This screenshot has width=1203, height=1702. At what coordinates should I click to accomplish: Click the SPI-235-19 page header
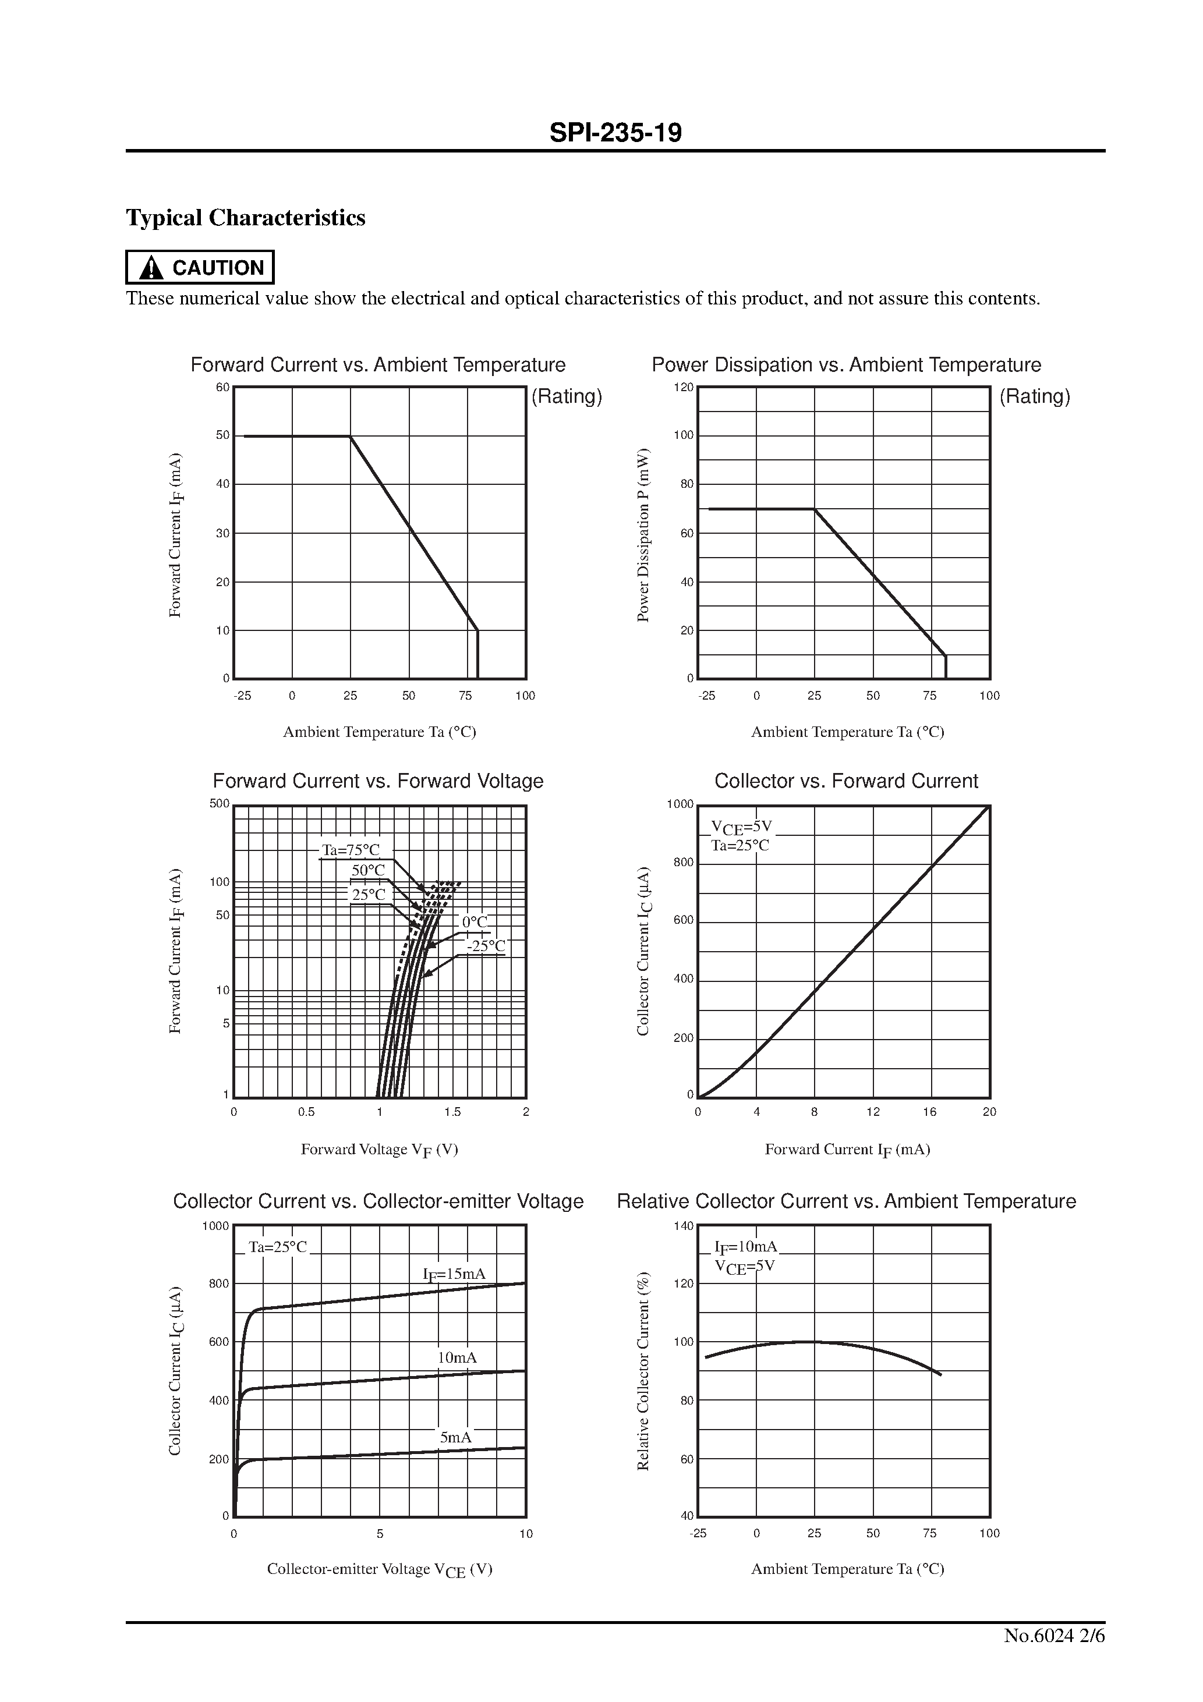[x=615, y=133]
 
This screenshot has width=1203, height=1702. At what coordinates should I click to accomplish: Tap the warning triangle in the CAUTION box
[x=151, y=268]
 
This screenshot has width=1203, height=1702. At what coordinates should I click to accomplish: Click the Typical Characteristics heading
[x=246, y=218]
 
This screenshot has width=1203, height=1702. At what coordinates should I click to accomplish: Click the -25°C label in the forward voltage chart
[x=486, y=946]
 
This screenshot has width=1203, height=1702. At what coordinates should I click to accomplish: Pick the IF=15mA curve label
[x=454, y=1274]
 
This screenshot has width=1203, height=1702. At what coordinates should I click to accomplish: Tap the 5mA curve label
[x=455, y=1437]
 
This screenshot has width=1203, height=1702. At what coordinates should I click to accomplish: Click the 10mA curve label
[x=457, y=1357]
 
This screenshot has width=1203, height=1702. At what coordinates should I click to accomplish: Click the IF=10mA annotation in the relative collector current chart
[x=745, y=1246]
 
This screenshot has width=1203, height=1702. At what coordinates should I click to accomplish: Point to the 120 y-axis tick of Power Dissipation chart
[x=683, y=388]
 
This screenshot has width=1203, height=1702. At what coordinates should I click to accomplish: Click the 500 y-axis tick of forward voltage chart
[x=220, y=803]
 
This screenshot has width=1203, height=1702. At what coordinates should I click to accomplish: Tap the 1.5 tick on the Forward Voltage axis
[x=452, y=1112]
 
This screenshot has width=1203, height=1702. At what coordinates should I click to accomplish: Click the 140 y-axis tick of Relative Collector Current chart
[x=683, y=1226]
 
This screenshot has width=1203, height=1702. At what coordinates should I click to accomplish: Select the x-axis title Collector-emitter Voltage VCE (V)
[x=379, y=1569]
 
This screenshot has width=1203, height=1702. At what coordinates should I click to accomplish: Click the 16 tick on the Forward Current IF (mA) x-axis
[x=929, y=1112]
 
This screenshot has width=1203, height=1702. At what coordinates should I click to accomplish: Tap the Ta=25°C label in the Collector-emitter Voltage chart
[x=277, y=1247]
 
